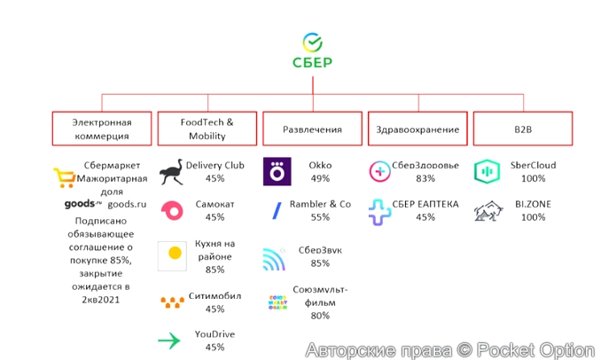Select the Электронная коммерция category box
click(102, 129)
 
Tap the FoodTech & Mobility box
click(207, 129)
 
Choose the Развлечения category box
click(312, 129)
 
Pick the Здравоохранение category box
click(418, 129)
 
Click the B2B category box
click(523, 129)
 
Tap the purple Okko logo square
click(277, 171)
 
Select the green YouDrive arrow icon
click(168, 340)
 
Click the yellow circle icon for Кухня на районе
click(174, 255)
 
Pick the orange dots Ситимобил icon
click(171, 301)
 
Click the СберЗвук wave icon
click(276, 260)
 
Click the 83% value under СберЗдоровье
click(425, 178)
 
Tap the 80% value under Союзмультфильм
click(320, 315)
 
